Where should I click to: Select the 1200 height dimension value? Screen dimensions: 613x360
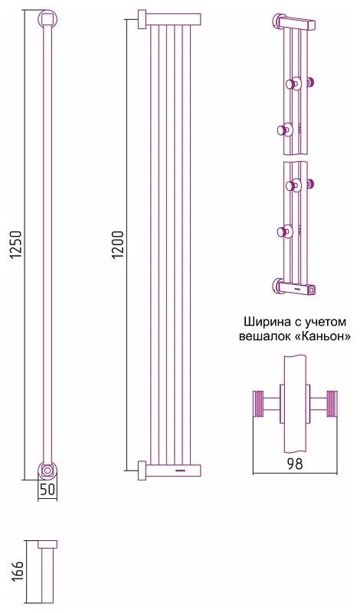117,244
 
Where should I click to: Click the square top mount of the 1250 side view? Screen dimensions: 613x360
47,17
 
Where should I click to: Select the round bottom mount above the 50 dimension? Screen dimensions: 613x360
47,470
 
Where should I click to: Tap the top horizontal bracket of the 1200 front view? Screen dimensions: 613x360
170,18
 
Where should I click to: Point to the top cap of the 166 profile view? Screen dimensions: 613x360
47,544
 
